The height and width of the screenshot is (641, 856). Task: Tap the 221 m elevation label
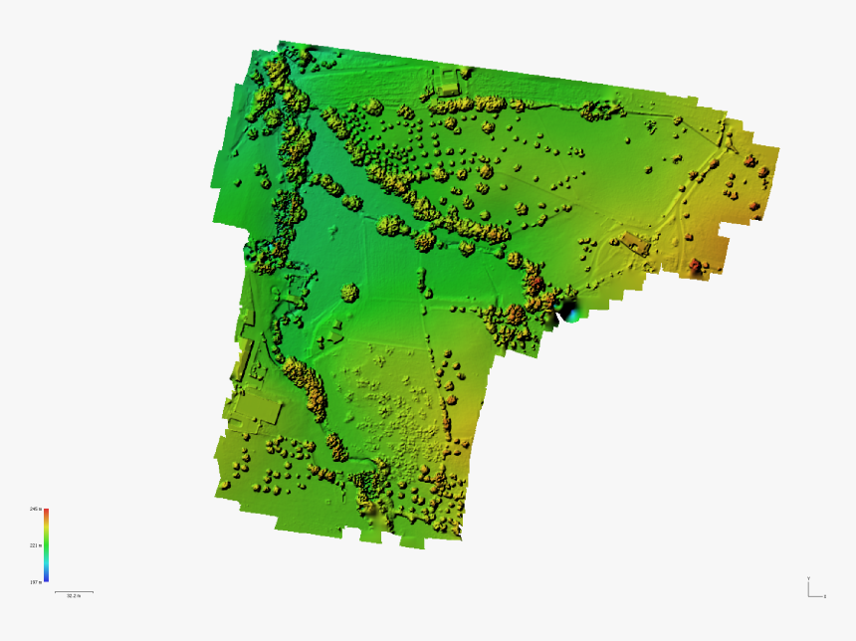(35, 545)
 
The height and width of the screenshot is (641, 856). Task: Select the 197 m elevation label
(35, 582)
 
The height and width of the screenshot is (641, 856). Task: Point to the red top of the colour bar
(46, 512)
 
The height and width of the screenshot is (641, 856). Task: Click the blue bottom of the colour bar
(46, 580)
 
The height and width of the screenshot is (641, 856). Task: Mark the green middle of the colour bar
(46, 545)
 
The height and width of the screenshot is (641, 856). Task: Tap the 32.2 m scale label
(74, 597)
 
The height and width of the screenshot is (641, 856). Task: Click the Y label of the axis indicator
(808, 577)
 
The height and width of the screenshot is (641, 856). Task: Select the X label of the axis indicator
(825, 596)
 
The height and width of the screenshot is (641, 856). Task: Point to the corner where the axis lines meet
(808, 595)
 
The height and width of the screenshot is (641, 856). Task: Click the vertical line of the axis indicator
(808, 587)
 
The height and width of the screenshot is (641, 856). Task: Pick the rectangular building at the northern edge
(450, 83)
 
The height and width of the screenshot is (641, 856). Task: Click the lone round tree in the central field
(348, 293)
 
